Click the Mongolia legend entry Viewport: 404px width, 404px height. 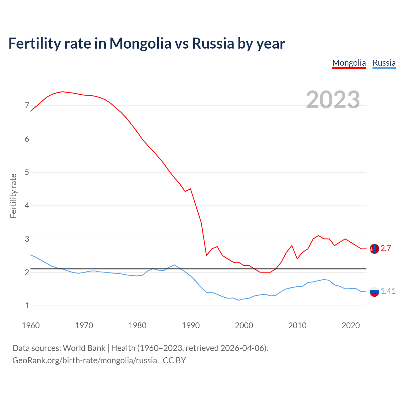coord(349,63)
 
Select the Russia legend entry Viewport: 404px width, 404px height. coord(384,63)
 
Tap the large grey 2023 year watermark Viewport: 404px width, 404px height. coord(333,100)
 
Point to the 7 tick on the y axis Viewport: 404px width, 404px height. coord(27,106)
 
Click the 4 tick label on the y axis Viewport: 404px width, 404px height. coord(27,206)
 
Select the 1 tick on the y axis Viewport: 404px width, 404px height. coord(27,306)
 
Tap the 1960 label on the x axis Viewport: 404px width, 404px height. coord(31,325)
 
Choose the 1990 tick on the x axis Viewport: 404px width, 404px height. coord(191,325)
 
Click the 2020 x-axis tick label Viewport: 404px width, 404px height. coord(351,325)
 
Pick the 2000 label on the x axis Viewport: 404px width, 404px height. coord(244,325)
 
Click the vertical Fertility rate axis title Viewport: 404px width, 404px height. coord(13,196)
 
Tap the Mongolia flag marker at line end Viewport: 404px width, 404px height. coord(374,249)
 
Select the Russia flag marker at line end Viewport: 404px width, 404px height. coord(374,292)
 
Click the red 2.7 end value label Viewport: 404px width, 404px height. coord(386,248)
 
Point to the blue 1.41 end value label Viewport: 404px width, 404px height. coord(388,291)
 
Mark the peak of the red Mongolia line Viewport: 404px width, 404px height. coord(62,92)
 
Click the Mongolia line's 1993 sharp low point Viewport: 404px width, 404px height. coord(206,255)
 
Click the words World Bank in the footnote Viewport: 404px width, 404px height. coord(84,348)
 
